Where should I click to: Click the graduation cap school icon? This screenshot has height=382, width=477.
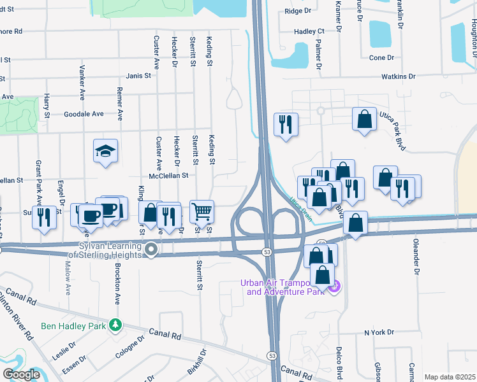tap(106, 151)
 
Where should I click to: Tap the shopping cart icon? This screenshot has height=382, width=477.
tap(202, 211)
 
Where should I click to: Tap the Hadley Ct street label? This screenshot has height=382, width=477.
tap(309, 31)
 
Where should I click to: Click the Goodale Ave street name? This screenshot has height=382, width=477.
tap(84, 114)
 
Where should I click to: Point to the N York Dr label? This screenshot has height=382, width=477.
tap(379, 332)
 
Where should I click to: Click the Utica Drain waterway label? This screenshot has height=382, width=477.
tap(304, 208)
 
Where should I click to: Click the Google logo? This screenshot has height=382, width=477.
tap(22, 374)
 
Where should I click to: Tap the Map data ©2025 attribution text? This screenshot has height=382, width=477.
tap(450, 377)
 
